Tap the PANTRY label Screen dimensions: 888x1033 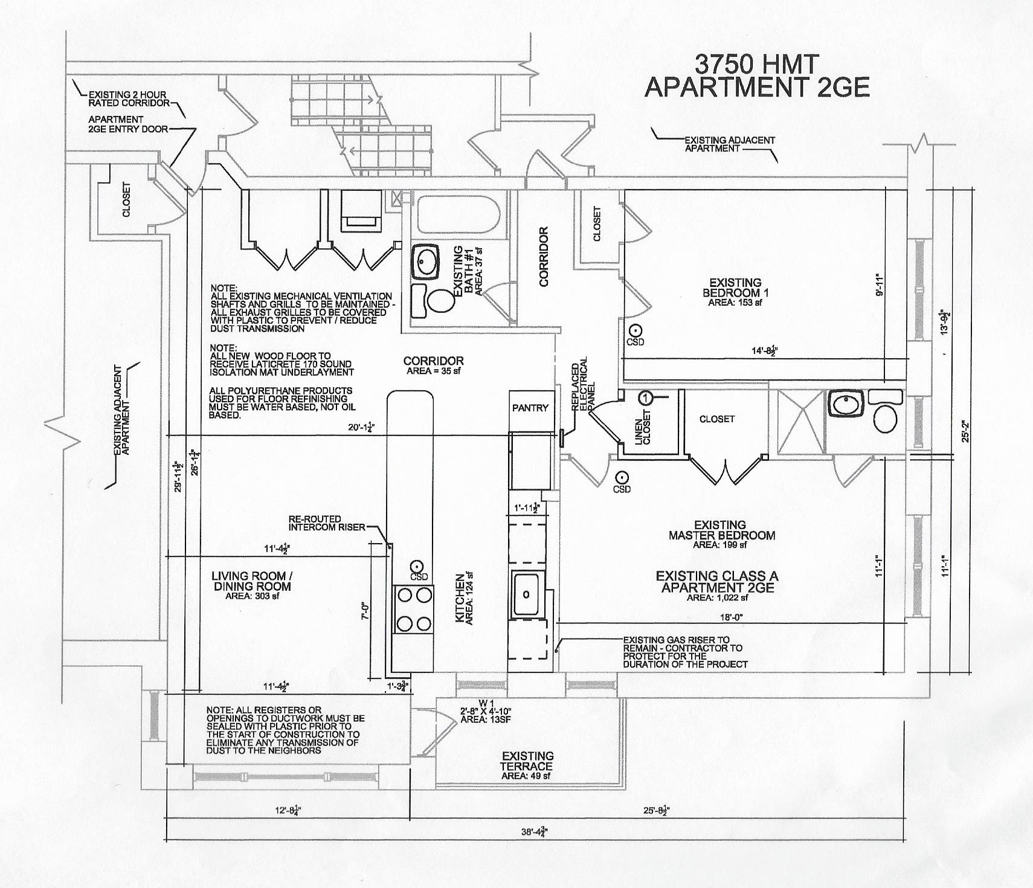(530, 408)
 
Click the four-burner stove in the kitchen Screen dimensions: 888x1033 (414, 610)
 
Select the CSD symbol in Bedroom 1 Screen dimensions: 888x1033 (635, 331)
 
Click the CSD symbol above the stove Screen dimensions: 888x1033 (416, 567)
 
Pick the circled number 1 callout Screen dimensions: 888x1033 (645, 397)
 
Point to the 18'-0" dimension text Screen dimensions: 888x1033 (727, 617)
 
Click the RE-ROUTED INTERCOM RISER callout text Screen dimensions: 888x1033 (327, 523)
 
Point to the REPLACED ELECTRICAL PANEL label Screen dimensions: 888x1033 (584, 386)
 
